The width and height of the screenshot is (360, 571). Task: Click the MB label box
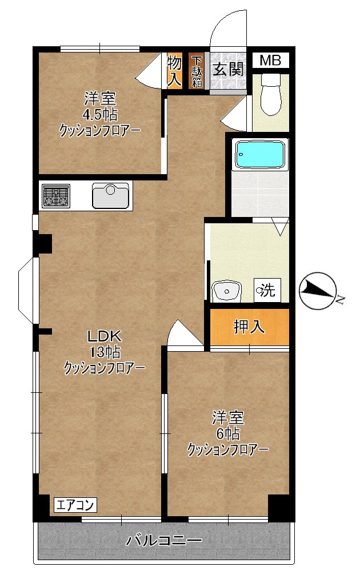tap(270, 61)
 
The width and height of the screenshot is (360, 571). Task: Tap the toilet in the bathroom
tap(270, 96)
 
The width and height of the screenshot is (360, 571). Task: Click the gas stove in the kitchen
tap(55, 196)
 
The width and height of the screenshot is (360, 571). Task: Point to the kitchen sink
tap(111, 196)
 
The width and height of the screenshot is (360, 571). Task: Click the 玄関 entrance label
tap(229, 70)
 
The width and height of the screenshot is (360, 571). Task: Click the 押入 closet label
tap(249, 327)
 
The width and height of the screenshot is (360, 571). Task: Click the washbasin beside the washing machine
tap(227, 291)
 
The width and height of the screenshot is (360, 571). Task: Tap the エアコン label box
tap(75, 505)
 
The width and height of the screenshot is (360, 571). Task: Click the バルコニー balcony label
tap(164, 540)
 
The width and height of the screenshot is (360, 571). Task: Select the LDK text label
tap(102, 335)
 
